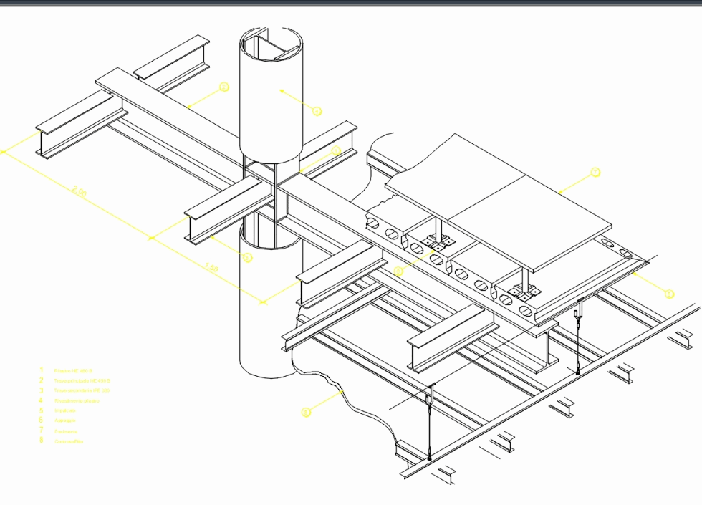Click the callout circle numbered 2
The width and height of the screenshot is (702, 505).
(224, 87)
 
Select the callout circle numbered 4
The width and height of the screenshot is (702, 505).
(317, 111)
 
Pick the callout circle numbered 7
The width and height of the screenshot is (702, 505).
(595, 173)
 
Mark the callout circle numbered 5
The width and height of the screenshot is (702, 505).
(669, 294)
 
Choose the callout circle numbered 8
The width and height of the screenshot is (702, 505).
(306, 412)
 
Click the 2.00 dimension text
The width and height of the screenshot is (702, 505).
(80, 192)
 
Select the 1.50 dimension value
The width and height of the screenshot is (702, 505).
(211, 268)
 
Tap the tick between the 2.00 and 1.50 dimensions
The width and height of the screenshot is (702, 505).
(151, 237)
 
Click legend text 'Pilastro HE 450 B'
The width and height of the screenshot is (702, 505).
(74, 371)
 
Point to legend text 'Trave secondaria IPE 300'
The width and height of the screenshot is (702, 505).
(82, 391)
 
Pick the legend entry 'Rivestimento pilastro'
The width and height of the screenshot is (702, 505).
(77, 401)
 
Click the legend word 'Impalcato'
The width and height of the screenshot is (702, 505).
(66, 411)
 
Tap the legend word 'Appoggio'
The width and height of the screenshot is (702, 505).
(65, 421)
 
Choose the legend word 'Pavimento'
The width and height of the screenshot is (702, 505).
(66, 431)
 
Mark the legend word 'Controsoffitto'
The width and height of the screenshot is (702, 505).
(69, 441)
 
